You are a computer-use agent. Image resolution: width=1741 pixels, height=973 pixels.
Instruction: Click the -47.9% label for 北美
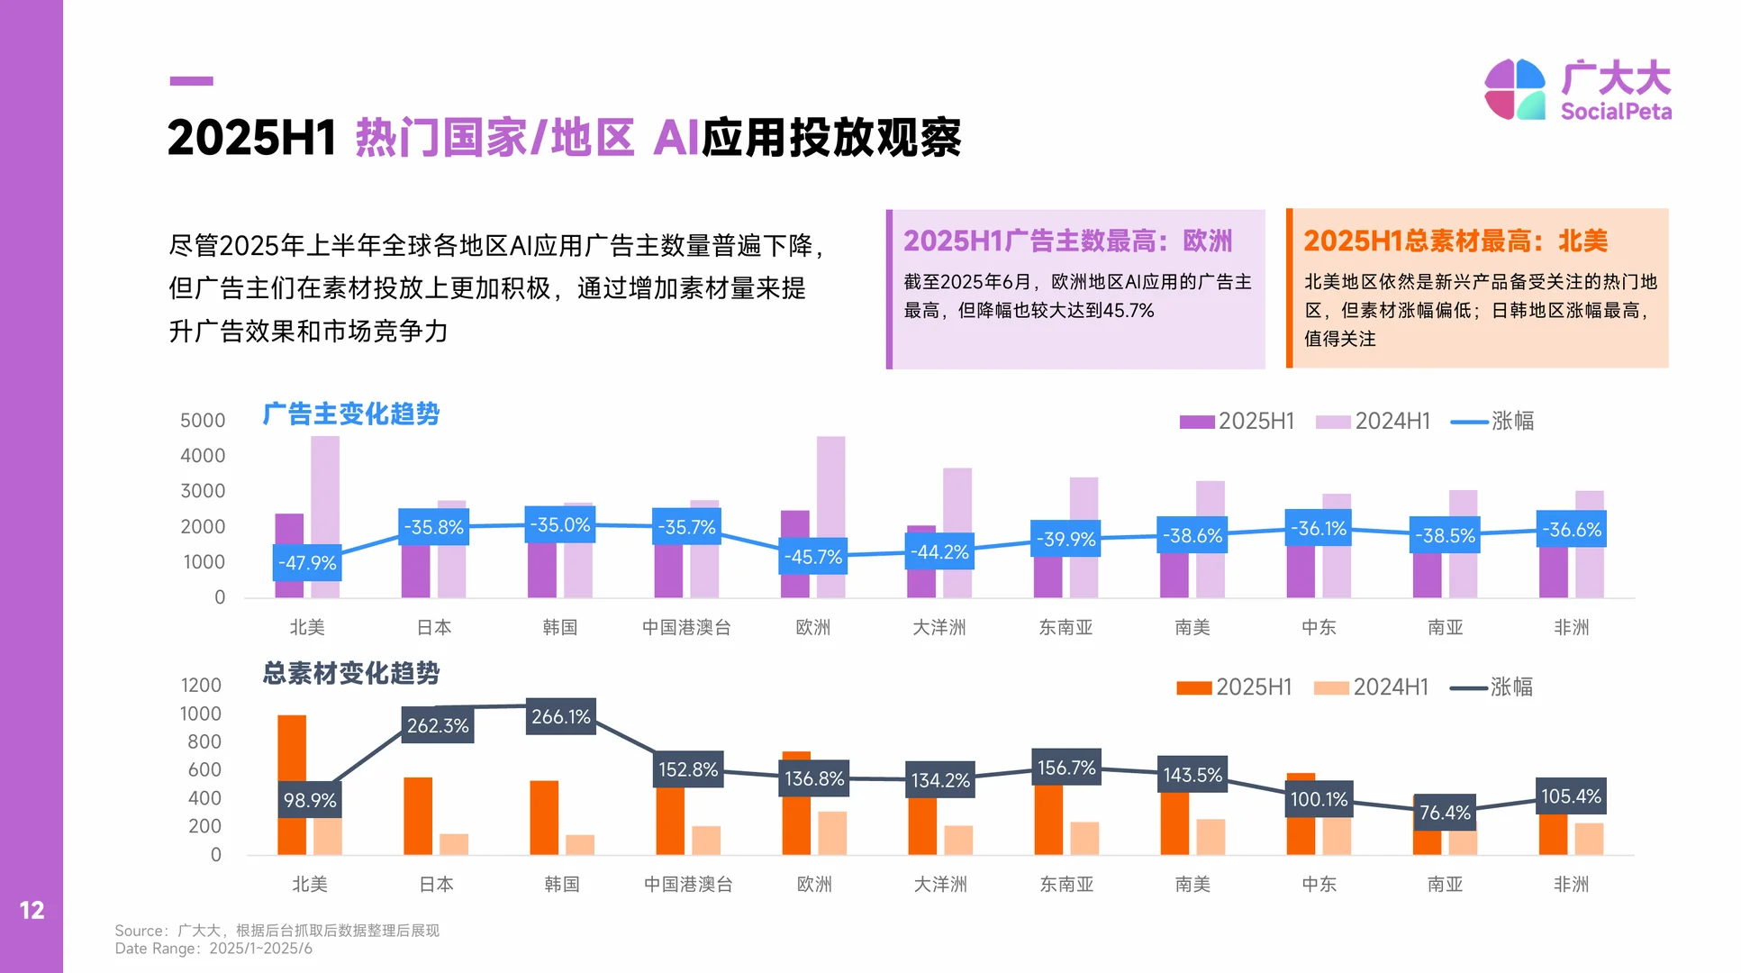click(x=307, y=563)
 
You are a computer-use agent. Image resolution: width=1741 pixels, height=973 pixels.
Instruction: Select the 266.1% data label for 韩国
click(x=560, y=717)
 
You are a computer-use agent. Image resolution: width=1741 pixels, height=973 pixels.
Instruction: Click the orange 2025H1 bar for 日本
click(x=418, y=815)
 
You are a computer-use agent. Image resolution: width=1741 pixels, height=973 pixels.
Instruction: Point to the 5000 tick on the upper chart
click(x=203, y=421)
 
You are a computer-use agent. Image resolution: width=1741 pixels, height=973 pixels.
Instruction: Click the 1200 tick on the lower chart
click(x=201, y=686)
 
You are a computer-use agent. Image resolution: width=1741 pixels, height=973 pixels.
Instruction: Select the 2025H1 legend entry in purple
click(x=1237, y=422)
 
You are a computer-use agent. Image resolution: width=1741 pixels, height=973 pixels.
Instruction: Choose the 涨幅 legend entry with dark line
click(x=1492, y=687)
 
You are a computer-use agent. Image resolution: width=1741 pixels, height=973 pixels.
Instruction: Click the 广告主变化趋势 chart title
click(x=350, y=414)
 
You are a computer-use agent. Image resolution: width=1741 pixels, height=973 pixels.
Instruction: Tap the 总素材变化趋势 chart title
click(x=350, y=673)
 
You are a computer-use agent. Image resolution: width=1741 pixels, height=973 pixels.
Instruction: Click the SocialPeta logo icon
click(x=1515, y=89)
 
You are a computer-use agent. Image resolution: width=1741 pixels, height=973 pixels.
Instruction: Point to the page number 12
click(x=32, y=911)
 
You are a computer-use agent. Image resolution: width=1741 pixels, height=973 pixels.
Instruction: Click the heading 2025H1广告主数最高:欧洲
click(x=1067, y=241)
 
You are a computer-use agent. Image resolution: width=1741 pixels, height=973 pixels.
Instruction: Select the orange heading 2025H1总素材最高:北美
click(x=1455, y=241)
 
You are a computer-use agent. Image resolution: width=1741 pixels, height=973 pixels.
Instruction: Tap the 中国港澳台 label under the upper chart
click(x=686, y=627)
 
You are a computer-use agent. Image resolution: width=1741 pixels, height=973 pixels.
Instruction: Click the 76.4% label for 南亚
click(x=1445, y=813)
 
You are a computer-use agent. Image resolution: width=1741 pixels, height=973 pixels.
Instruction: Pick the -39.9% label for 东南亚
click(x=1065, y=539)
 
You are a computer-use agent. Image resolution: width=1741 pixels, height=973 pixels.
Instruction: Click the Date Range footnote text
click(x=213, y=949)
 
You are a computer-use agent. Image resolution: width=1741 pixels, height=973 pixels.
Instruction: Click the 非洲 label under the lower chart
click(x=1571, y=885)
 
